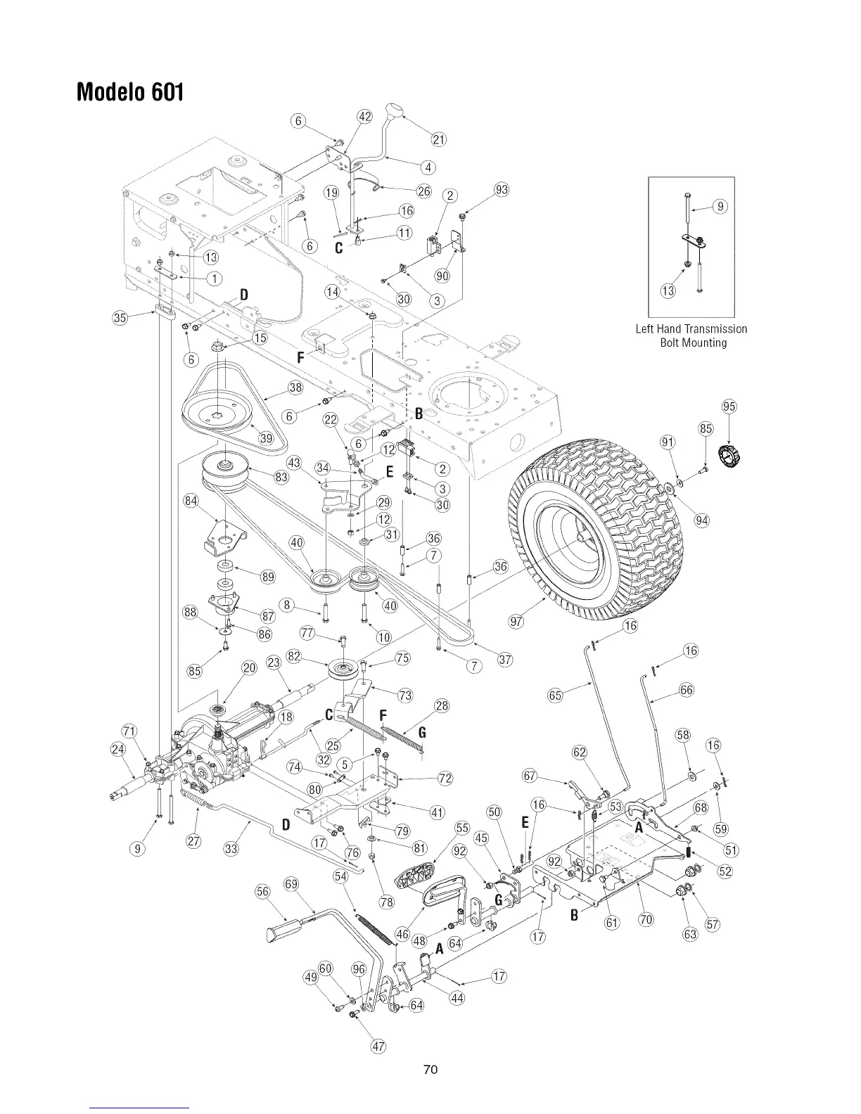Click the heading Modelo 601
click(x=131, y=92)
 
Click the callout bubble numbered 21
click(x=438, y=139)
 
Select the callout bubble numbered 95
click(x=729, y=407)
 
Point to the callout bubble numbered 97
click(x=518, y=621)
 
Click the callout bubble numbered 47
click(x=378, y=1046)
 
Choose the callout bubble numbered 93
click(x=502, y=189)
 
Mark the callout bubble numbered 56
click(x=262, y=892)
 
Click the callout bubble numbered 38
click(x=295, y=388)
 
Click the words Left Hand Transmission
click(x=691, y=329)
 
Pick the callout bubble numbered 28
click(x=442, y=705)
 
